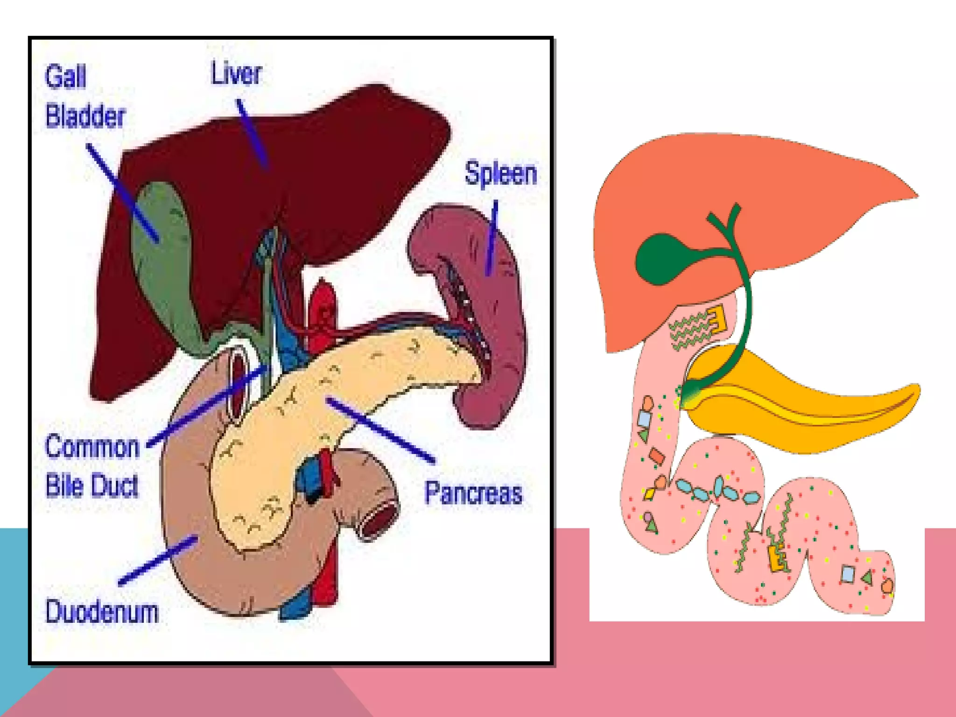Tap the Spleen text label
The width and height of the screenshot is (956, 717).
(x=500, y=173)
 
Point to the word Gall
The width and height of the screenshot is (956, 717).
(x=65, y=77)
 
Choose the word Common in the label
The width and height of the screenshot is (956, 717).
(x=92, y=447)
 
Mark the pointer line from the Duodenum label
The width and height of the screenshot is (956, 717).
(x=157, y=560)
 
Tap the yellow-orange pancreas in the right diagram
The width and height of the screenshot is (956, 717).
(x=794, y=411)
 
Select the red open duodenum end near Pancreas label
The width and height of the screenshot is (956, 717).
(x=378, y=520)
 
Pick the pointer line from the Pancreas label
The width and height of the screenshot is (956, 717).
(x=380, y=429)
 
